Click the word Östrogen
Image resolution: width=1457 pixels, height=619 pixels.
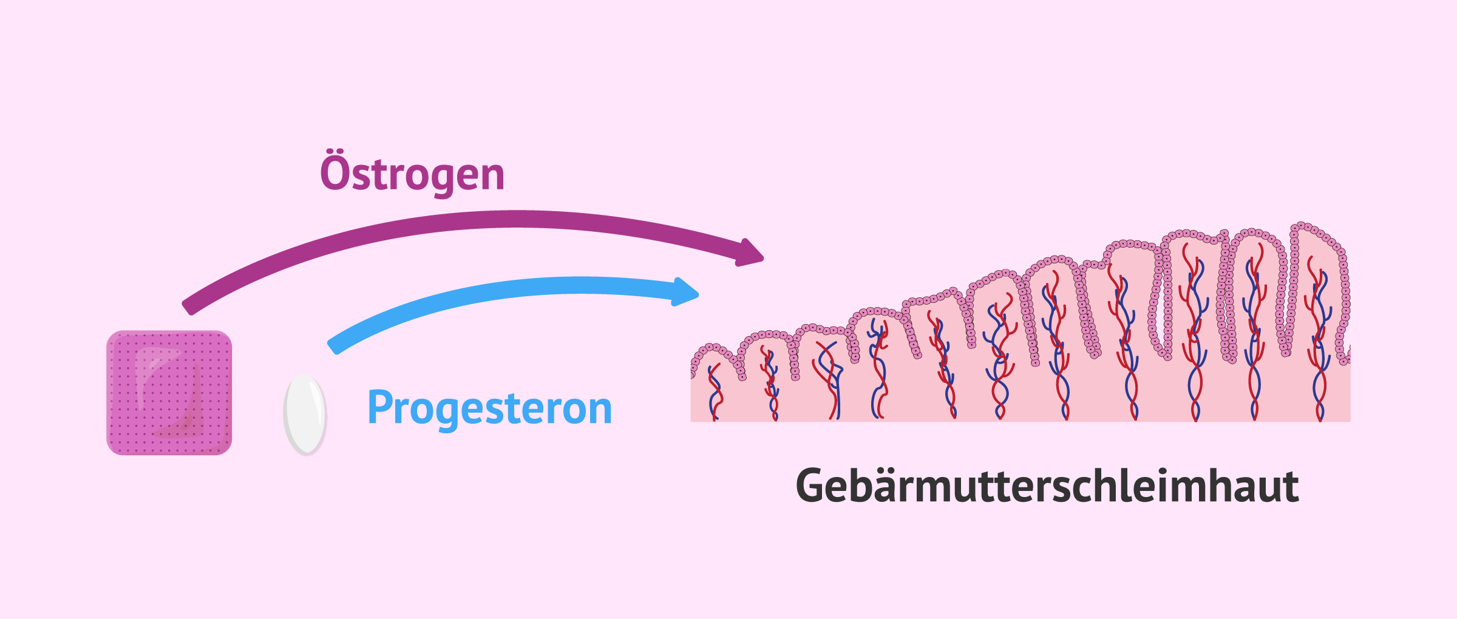(x=412, y=175)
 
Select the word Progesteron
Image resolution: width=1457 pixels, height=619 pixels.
(x=489, y=408)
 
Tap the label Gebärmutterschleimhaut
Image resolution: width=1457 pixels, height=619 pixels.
(x=1047, y=486)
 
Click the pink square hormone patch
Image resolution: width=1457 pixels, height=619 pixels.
(x=169, y=393)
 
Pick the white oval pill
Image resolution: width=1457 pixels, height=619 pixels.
(x=305, y=414)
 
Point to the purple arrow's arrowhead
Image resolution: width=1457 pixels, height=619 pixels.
(x=749, y=252)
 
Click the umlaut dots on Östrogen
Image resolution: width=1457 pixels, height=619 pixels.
(x=332, y=152)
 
